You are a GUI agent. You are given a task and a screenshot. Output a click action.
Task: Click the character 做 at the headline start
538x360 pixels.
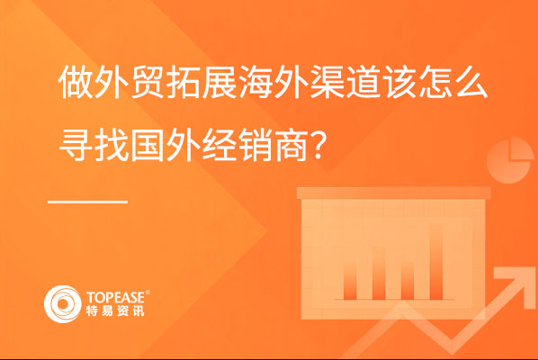[76, 83]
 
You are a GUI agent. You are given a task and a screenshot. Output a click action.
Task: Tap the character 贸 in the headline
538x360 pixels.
[148, 83]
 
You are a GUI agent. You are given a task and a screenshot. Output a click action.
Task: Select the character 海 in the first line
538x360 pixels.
[256, 83]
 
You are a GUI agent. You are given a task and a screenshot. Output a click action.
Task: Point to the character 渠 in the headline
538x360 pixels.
[327, 83]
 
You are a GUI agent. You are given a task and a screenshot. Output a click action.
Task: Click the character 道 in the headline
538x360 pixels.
[363, 83]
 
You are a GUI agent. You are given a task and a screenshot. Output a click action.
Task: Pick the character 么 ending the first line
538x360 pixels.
[470, 83]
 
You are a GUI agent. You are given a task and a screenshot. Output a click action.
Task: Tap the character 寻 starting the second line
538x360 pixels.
[76, 145]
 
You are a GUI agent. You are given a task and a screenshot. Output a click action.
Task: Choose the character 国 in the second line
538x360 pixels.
[148, 145]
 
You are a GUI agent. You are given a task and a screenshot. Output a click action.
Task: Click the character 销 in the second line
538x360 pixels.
[256, 145]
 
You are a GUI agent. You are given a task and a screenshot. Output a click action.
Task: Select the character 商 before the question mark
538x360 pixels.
[291, 145]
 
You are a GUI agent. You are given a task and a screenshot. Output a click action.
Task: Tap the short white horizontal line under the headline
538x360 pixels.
[88, 202]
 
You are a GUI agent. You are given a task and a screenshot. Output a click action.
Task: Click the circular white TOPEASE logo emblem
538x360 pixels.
[62, 304]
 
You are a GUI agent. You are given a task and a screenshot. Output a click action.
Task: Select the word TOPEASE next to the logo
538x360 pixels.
[115, 297]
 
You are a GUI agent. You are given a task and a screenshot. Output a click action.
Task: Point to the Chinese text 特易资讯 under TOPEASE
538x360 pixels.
[115, 310]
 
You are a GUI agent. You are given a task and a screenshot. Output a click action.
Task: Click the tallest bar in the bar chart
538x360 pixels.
[436, 262]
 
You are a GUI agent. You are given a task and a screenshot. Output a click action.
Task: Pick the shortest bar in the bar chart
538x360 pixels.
[408, 281]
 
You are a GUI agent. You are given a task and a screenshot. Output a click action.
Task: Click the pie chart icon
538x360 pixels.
[510, 160]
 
